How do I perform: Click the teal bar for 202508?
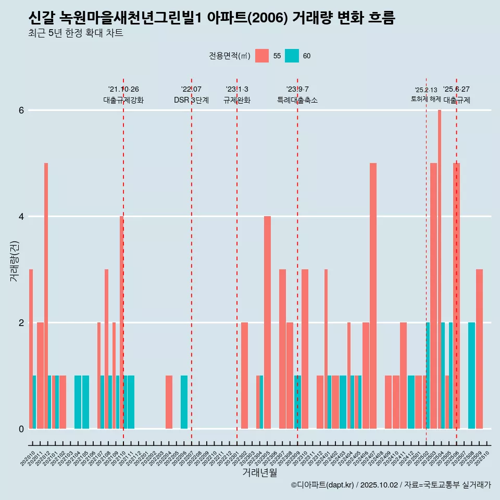click(471, 375)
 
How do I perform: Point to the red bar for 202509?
click(479, 348)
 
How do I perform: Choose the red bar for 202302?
click(244, 375)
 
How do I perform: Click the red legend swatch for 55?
click(262, 56)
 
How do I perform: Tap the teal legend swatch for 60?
click(292, 56)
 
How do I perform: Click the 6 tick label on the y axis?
click(21, 110)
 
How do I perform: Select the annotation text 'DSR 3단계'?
click(191, 100)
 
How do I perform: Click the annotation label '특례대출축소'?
click(297, 100)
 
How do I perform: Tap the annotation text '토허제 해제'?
click(426, 99)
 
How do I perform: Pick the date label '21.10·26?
click(123, 90)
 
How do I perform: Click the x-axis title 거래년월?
click(259, 472)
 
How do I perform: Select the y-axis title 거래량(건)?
click(14, 260)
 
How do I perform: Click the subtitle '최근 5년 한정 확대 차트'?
click(76, 33)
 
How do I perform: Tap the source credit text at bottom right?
click(391, 485)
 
